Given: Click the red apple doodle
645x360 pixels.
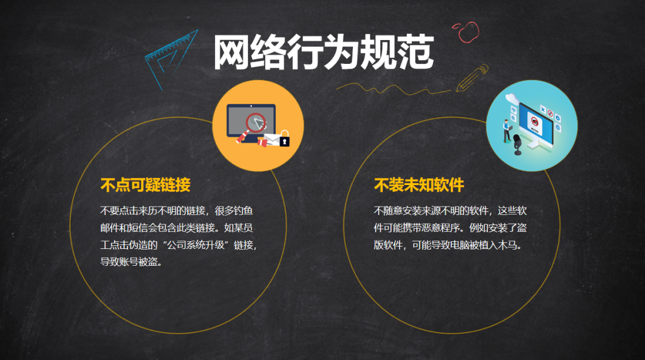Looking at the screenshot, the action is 467,32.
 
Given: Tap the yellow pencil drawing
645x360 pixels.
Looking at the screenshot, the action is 471,78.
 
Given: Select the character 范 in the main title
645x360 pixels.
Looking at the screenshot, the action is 415,53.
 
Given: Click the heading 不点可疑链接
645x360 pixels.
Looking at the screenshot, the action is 146,185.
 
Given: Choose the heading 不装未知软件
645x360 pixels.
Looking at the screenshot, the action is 419,185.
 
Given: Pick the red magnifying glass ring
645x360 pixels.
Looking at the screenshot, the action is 256,122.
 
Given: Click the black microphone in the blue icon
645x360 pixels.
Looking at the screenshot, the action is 517,145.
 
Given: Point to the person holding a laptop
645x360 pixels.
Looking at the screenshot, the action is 508,130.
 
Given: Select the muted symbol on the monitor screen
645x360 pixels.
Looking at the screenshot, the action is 535,122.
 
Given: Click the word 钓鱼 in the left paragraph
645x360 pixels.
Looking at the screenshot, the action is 243,211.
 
